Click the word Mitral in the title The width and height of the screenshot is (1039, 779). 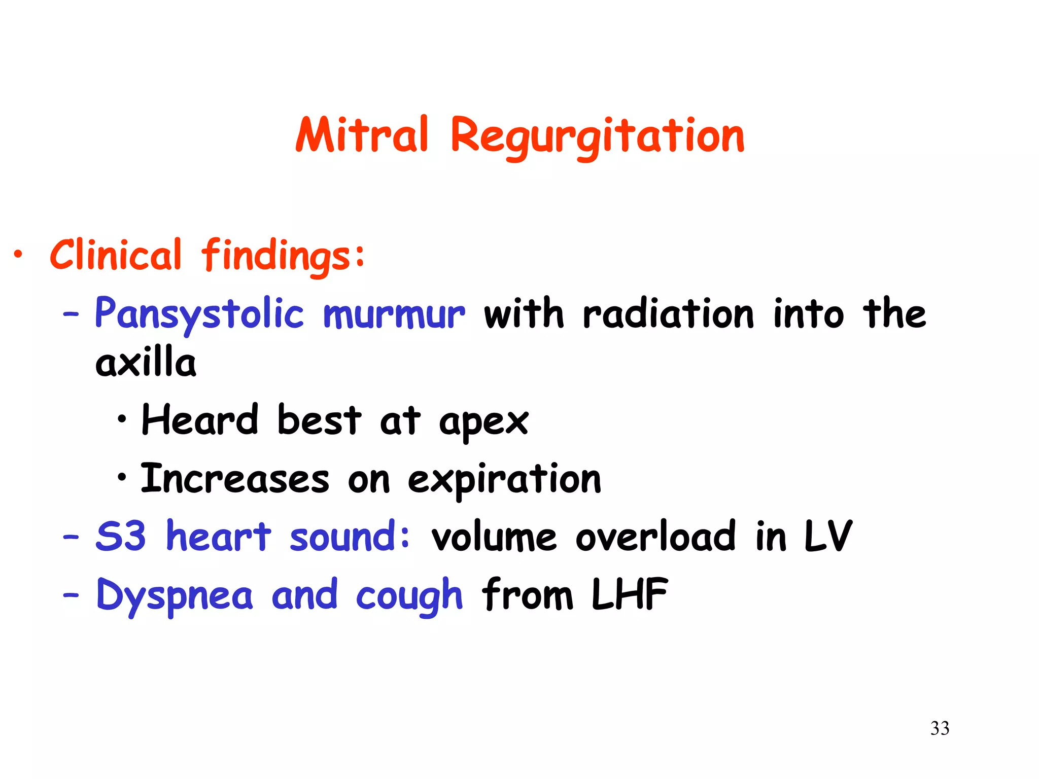[x=362, y=134]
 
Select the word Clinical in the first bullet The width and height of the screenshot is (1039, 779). [x=116, y=255]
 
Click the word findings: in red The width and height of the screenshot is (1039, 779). [x=283, y=256]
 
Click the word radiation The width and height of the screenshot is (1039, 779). [x=668, y=314]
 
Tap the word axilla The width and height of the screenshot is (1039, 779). [x=146, y=362]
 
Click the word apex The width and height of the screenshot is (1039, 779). [x=483, y=422]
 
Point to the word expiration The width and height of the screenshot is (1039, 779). [x=504, y=480]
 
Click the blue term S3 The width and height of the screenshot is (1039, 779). [x=121, y=536]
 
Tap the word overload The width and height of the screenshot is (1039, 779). [x=655, y=536]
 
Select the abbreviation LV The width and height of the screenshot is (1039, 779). [x=828, y=536]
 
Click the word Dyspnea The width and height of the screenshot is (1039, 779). [x=175, y=595]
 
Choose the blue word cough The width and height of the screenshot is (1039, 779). [x=409, y=595]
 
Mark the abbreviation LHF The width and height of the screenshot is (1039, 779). [x=630, y=594]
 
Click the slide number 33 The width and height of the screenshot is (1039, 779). [x=940, y=728]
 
